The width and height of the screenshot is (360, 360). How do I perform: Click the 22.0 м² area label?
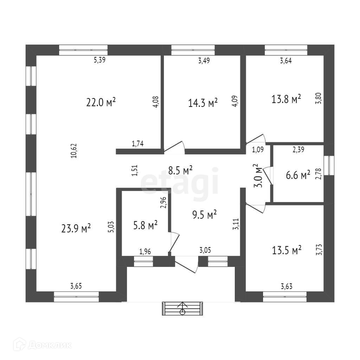(101, 102)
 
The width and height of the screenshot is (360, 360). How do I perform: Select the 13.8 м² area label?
(286, 99)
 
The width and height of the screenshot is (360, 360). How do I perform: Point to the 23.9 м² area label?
(76, 228)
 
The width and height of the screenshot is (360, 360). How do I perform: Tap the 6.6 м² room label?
(298, 175)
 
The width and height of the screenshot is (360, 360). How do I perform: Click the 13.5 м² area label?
(287, 250)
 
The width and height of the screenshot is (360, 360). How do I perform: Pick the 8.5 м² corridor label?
(180, 171)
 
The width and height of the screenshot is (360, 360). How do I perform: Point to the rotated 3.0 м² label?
(258, 176)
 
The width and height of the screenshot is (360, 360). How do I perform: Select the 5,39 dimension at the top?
(99, 60)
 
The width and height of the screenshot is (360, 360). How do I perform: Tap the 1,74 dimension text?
(137, 143)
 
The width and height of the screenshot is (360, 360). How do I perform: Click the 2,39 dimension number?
(298, 149)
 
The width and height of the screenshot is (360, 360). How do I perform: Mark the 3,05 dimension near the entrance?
(205, 250)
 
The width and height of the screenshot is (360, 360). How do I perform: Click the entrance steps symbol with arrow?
(182, 308)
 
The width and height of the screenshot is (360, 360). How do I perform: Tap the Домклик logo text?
(49, 345)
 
